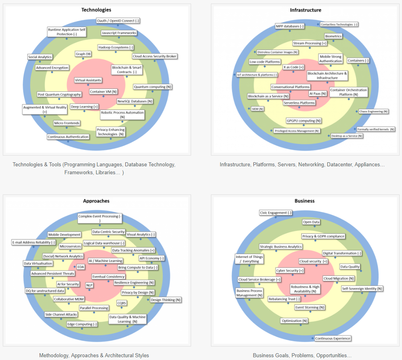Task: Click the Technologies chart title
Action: (96, 10)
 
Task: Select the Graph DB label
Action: (83, 54)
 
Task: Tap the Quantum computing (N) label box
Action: (153, 87)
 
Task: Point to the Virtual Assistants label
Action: (88, 80)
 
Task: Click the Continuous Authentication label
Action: (68, 137)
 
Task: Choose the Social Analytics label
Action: (40, 57)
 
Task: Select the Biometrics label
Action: (333, 36)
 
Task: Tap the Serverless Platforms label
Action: (299, 103)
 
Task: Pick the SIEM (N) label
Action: (258, 109)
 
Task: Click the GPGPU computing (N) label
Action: (304, 121)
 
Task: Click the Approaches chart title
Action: (96, 201)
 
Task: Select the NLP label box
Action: (89, 285)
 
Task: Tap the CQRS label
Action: (122, 303)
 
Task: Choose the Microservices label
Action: (70, 246)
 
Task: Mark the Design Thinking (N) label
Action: (166, 300)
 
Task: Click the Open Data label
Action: (311, 222)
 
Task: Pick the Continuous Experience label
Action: (333, 339)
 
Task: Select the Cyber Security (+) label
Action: (290, 271)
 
